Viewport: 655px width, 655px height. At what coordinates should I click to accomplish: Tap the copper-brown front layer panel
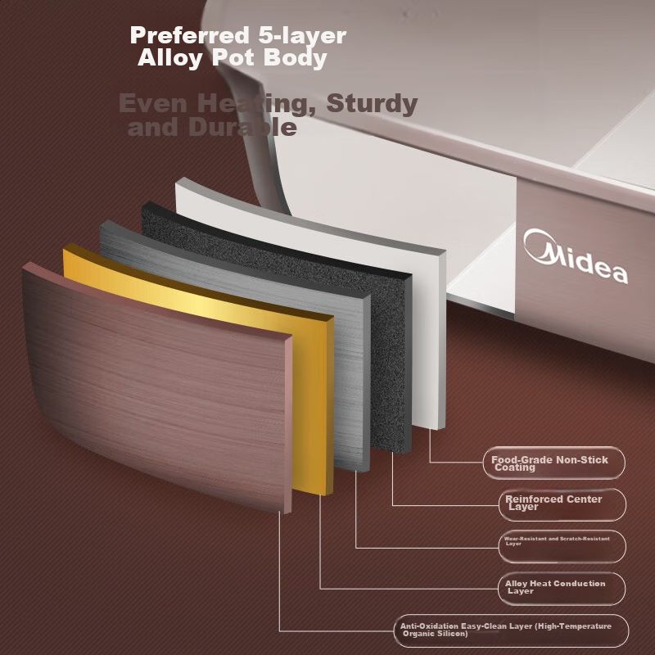click(x=156, y=385)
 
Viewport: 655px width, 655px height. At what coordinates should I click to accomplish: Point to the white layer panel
click(x=430, y=327)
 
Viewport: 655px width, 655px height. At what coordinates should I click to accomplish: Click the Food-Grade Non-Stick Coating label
click(x=550, y=463)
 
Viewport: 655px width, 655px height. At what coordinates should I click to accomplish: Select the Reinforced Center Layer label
click(x=553, y=503)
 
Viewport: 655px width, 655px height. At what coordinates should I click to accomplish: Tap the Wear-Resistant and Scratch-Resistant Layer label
click(x=557, y=540)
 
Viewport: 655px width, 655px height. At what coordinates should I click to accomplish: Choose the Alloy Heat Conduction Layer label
click(x=555, y=586)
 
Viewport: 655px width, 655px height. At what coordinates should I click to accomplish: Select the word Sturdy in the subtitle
click(x=373, y=104)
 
